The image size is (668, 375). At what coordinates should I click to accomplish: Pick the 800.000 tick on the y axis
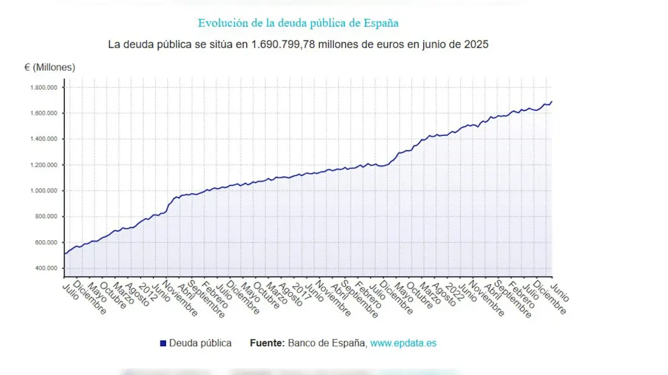45,217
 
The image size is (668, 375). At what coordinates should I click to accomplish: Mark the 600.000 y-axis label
45,243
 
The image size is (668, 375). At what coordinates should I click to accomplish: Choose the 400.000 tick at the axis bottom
45,268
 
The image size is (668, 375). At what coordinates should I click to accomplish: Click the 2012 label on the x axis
145,291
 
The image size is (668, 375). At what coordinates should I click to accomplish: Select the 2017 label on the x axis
298,291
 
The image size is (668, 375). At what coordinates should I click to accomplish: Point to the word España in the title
379,23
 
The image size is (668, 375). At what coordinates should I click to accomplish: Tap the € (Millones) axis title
50,67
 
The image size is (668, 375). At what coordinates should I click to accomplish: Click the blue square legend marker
163,343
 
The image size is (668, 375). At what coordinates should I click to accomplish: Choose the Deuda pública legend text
200,343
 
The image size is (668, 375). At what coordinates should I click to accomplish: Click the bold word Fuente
267,343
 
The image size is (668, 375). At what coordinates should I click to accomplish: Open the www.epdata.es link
403,343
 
